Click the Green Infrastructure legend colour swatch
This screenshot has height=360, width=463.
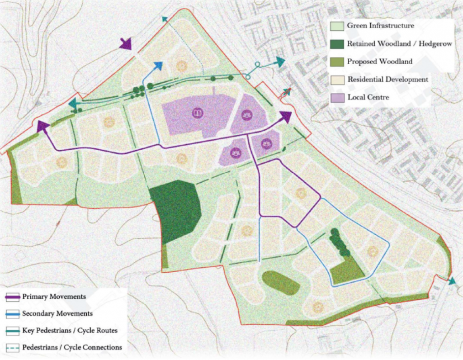[x=338, y=26]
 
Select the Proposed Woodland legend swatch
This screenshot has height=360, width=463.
[x=338, y=62]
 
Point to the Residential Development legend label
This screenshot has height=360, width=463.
[x=387, y=79]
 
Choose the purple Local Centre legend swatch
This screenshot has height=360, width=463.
[x=338, y=97]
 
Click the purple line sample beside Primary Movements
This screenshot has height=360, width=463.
[x=12, y=297]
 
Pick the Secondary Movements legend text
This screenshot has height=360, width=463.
[x=57, y=313]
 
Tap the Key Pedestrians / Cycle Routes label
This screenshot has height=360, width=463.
[x=70, y=331]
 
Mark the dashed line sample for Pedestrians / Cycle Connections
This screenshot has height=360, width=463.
[x=12, y=347]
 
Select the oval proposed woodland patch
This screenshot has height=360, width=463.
[x=281, y=283]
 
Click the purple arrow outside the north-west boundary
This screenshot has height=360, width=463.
[x=126, y=44]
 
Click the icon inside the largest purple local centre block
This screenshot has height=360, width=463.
[x=197, y=113]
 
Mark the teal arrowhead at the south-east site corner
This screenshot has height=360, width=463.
[x=452, y=281]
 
